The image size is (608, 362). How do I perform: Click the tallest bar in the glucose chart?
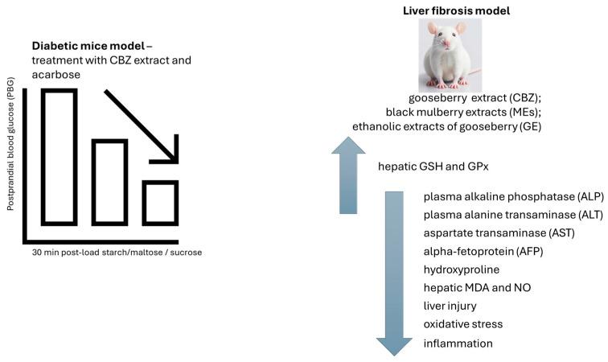coord(60,156)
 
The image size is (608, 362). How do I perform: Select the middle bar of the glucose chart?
coord(109,183)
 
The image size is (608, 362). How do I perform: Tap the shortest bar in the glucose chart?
coord(160,202)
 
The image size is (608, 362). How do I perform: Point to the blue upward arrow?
coord(347,177)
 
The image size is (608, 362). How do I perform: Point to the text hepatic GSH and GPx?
coord(433,167)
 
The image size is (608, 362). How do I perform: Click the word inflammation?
coord(458,343)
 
